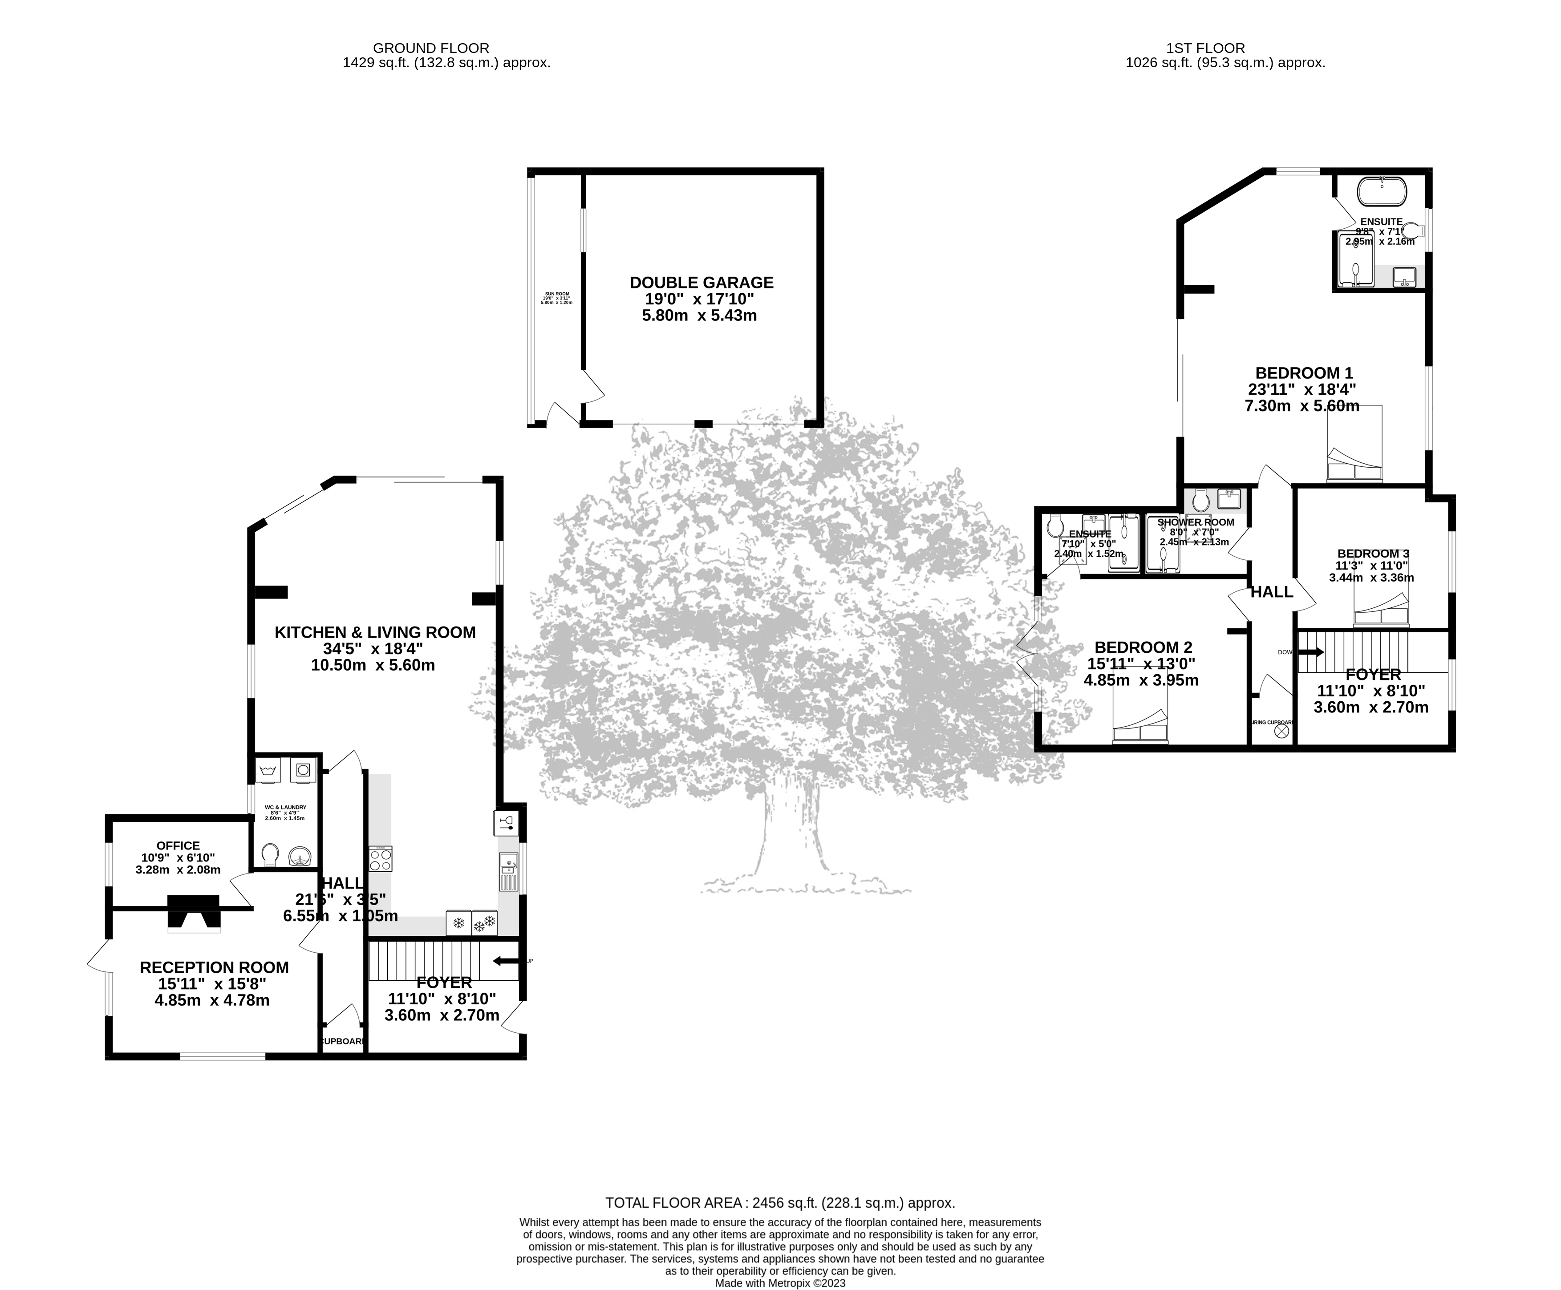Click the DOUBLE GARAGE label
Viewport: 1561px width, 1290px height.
pos(701,283)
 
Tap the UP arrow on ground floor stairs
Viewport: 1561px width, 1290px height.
pos(506,961)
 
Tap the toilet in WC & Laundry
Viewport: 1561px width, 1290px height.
pos(270,854)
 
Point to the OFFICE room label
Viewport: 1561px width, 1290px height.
pos(178,845)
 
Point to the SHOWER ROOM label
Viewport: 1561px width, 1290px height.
pos(1195,522)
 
